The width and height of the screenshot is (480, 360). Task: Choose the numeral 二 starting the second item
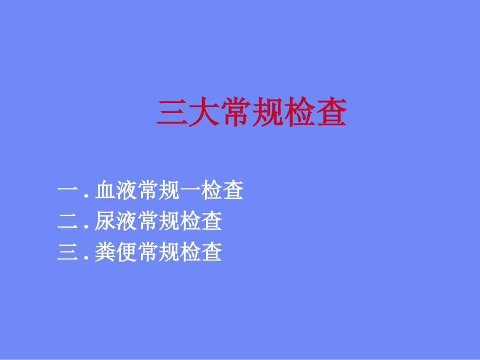coord(68,222)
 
